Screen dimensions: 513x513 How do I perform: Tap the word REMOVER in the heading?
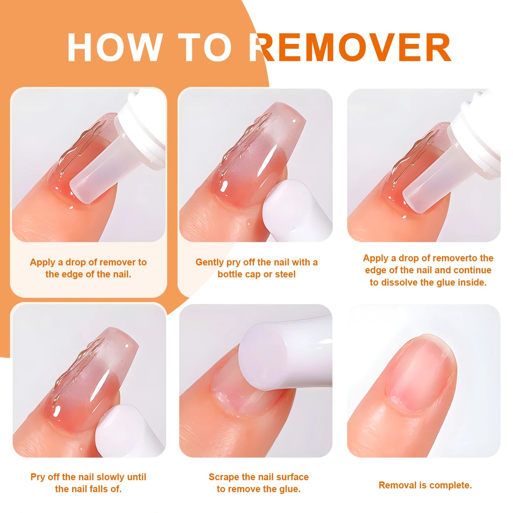[350, 48]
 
